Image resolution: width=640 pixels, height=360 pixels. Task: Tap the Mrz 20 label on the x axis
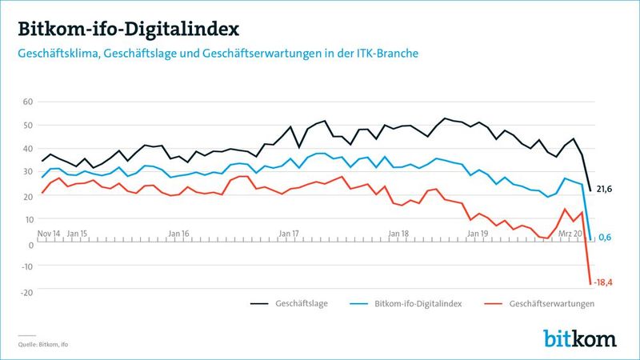tap(569, 233)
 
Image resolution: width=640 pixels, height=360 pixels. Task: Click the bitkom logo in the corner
tap(580, 338)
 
